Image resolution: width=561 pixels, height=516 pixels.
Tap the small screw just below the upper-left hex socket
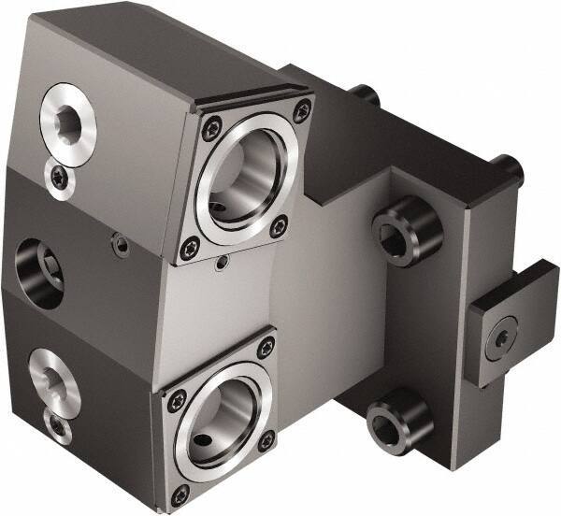tap(60, 174)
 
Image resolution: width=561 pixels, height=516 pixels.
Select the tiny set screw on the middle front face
tap(120, 245)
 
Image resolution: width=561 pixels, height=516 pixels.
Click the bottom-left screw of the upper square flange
tap(191, 248)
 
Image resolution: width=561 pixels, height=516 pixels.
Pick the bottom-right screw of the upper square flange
tap(279, 226)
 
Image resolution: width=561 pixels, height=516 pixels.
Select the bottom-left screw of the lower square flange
tap(181, 492)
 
